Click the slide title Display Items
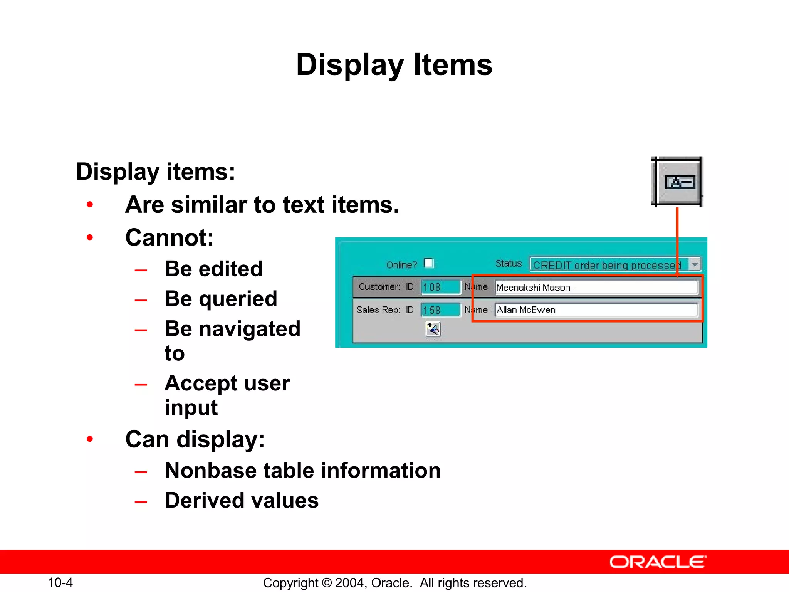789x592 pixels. tap(394, 65)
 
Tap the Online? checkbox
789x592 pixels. tap(428, 263)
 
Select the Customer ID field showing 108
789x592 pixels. tap(440, 287)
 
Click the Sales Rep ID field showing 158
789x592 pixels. tap(440, 310)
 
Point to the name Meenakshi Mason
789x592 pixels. tap(533, 288)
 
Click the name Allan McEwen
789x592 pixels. tap(526, 310)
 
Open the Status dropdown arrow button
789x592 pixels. tap(695, 265)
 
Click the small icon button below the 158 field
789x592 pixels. tap(433, 329)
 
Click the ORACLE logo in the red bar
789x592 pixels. tap(658, 562)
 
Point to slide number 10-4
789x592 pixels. tap(60, 582)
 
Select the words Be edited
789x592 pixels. tap(213, 269)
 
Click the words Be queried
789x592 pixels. tap(221, 299)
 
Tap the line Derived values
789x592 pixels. tap(242, 500)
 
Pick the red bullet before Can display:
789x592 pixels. tap(90, 439)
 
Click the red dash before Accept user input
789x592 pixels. tap(141, 384)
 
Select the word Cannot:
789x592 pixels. tap(169, 237)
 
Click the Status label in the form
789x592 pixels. tap(508, 264)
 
